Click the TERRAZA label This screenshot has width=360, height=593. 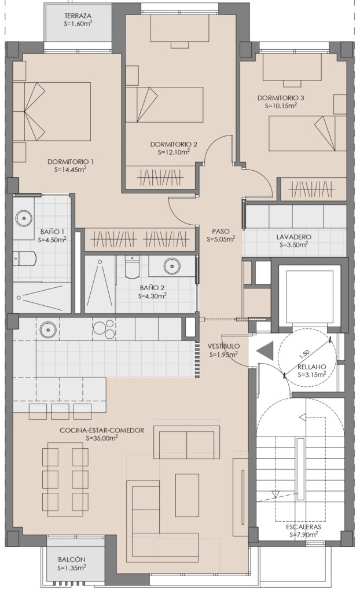pyautogui.click(x=78, y=16)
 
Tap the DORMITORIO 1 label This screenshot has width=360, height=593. pyautogui.click(x=71, y=162)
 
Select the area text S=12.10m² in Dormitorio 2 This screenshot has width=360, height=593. pyautogui.click(x=174, y=152)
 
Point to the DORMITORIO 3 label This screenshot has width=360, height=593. pyautogui.click(x=281, y=98)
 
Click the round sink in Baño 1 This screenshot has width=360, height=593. pyautogui.click(x=24, y=218)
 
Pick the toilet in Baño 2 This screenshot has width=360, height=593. pyautogui.click(x=131, y=266)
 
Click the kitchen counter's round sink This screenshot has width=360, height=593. pyautogui.click(x=47, y=329)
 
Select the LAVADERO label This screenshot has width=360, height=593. pyautogui.click(x=294, y=237)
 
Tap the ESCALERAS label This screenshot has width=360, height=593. pyautogui.click(x=303, y=527)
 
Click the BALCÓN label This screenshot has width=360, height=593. pyautogui.click(x=72, y=559)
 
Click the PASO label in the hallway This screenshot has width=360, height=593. pyautogui.click(x=221, y=232)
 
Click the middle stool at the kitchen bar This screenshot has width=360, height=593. pyautogui.click(x=60, y=411)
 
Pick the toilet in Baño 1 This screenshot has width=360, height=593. pyautogui.click(x=24, y=259)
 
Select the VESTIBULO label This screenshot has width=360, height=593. pyautogui.click(x=223, y=346)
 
